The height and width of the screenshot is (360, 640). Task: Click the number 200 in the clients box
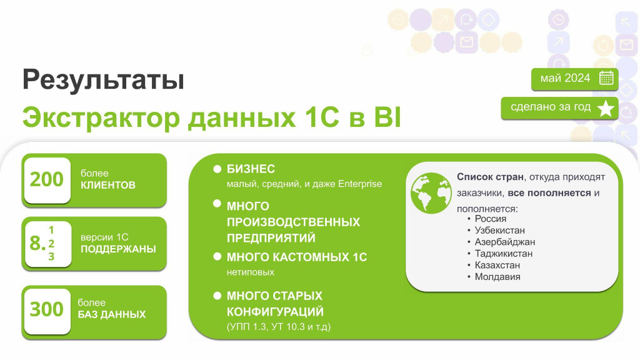[46, 179]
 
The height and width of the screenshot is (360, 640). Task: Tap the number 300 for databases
[46, 309]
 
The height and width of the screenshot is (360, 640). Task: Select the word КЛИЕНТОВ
[107, 185]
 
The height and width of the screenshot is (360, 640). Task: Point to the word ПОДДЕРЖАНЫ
[118, 249]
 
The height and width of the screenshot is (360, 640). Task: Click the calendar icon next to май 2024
[606, 78]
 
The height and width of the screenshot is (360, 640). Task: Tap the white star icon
[606, 108]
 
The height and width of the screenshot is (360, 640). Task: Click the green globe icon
[431, 193]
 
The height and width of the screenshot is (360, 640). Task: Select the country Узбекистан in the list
[499, 230]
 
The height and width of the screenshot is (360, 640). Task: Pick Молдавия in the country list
[497, 277]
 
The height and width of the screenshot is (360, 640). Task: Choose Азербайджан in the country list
[504, 242]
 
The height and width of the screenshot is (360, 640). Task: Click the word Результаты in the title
[103, 79]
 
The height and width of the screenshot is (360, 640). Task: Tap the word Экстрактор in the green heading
[101, 117]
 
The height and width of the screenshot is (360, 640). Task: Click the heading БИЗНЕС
[251, 169]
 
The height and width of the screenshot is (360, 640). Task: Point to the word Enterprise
[360, 184]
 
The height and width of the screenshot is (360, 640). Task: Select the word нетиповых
[250, 272]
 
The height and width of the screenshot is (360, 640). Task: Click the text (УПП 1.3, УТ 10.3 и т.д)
[278, 326]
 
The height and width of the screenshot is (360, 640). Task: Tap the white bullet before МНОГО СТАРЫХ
[217, 296]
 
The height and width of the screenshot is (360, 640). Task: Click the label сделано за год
[551, 107]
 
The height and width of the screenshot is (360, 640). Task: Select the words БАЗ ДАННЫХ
[111, 314]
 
